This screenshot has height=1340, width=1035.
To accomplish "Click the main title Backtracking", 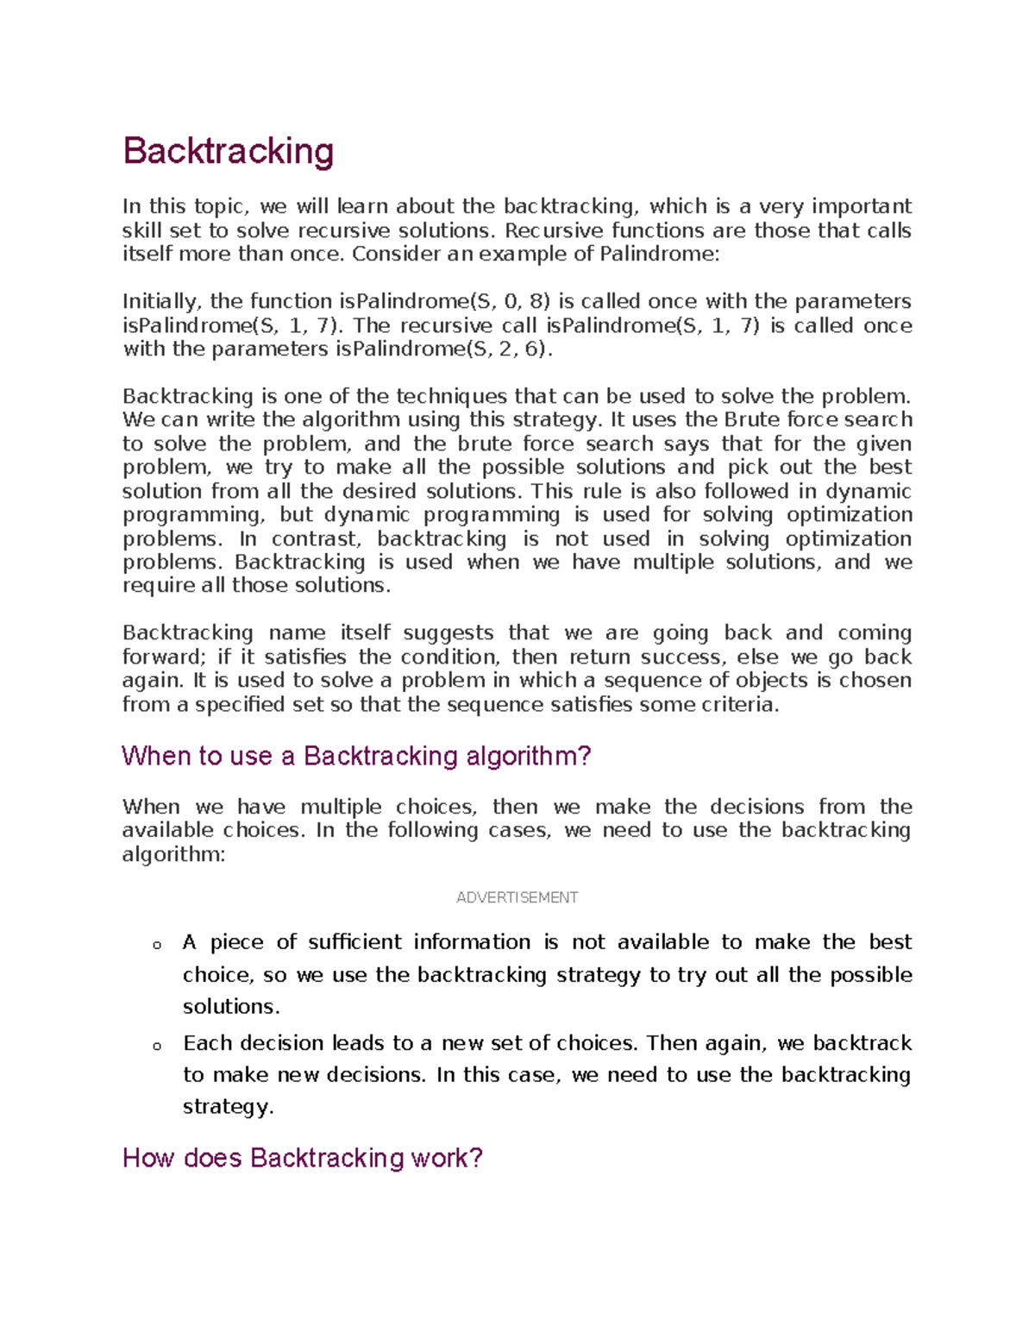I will pos(228,151).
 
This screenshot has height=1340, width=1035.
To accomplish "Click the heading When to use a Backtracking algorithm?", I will pos(356,756).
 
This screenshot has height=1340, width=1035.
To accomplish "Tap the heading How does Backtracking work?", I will pos(303,1157).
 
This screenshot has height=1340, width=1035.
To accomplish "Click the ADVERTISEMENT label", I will pos(517,897).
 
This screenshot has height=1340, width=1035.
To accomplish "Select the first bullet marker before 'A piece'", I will pos(157,945).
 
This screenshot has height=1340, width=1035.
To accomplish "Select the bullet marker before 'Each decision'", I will pos(157,1046).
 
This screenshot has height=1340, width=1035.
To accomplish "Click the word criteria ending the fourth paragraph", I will pos(743,704).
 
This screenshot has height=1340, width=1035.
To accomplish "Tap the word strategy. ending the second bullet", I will pos(228,1106).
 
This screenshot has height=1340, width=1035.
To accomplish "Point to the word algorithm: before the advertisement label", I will pos(173,854).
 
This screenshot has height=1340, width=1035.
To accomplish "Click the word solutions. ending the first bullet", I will pos(231,1006).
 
